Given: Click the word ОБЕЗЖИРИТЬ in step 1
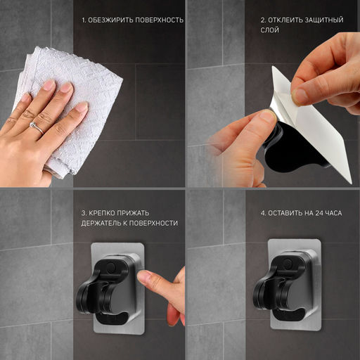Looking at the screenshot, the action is click(110, 20).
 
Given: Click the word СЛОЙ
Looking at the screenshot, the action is click(269, 30).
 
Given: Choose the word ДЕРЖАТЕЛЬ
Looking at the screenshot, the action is click(101, 223).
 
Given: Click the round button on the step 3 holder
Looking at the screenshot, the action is click(110, 267).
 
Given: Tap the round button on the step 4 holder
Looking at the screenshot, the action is click(288, 262).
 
